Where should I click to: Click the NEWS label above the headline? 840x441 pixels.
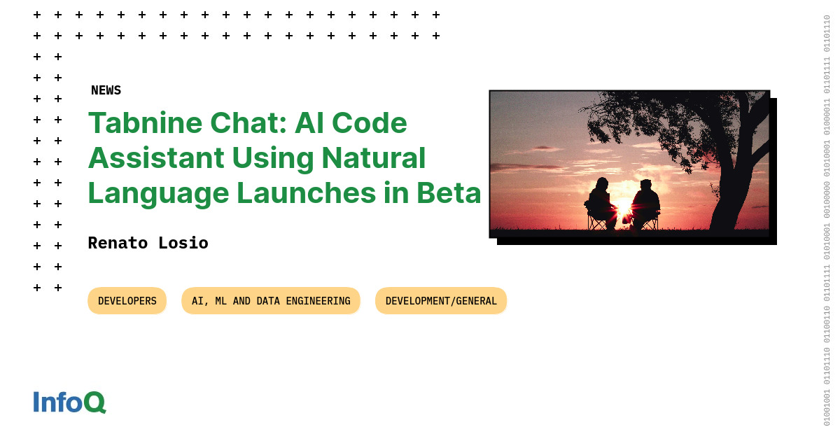[106, 90]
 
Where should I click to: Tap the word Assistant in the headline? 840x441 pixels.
[155, 157]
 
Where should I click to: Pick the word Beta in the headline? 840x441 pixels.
[449, 192]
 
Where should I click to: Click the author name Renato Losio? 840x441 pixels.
[148, 243]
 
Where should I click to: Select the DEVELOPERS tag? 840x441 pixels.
[127, 301]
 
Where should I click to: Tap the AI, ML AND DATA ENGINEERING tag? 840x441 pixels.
[271, 301]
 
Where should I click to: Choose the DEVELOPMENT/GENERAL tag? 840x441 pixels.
[441, 301]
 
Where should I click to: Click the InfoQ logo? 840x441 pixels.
[69, 402]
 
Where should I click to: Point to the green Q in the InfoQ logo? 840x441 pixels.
[94, 402]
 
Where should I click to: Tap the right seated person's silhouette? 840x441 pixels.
[645, 203]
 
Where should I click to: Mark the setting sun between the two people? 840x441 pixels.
[623, 209]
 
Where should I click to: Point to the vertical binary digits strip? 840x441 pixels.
[827, 220]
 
